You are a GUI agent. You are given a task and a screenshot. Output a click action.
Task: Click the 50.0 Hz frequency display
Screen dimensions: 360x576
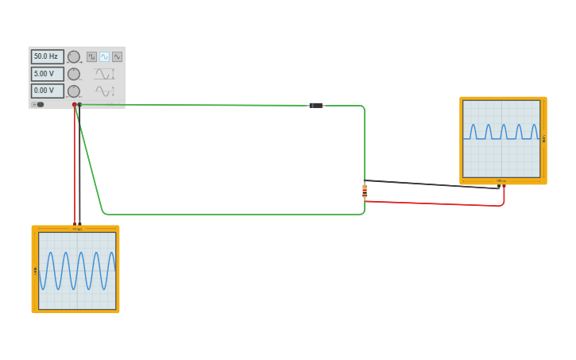pyautogui.click(x=47, y=56)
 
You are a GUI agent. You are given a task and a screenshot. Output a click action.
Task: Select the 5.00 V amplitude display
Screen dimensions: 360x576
pyautogui.click(x=47, y=74)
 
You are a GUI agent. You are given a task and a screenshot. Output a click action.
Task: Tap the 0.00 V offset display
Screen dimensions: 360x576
pyautogui.click(x=47, y=91)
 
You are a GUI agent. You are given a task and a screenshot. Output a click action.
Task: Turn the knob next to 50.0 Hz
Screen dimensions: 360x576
pyautogui.click(x=74, y=56)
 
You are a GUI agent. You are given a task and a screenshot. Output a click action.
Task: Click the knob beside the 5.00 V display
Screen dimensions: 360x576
pyautogui.click(x=74, y=74)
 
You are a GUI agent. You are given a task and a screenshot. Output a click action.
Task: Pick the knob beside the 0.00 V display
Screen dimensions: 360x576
pyautogui.click(x=74, y=91)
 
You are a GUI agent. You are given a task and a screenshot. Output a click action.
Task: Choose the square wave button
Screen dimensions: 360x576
pyautogui.click(x=91, y=56)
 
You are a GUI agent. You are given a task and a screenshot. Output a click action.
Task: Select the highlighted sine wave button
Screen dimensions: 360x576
pyautogui.click(x=104, y=56)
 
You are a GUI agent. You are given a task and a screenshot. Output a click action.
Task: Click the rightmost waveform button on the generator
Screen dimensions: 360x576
pyautogui.click(x=117, y=56)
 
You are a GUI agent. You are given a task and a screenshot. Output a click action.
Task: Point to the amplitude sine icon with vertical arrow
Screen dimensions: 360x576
pyautogui.click(x=104, y=74)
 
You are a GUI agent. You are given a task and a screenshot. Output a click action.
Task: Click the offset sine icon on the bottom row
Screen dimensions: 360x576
pyautogui.click(x=104, y=91)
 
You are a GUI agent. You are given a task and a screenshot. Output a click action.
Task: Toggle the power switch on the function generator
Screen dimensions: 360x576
pyautogui.click(x=38, y=104)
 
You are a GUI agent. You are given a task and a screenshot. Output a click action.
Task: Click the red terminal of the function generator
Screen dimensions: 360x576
pyautogui.click(x=75, y=104)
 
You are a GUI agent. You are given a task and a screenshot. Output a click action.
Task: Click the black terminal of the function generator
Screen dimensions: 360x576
pyautogui.click(x=79, y=104)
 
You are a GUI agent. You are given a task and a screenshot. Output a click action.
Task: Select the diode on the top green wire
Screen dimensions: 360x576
pyautogui.click(x=315, y=105)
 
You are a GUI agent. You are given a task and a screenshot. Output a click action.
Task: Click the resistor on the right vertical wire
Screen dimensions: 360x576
pyautogui.click(x=365, y=191)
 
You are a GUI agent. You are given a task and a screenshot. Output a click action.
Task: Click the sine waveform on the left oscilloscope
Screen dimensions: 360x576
pyautogui.click(x=77, y=270)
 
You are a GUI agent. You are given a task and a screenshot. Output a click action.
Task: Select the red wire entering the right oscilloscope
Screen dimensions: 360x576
pyautogui.click(x=445, y=203)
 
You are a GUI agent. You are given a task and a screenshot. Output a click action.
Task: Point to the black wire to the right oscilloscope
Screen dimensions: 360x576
pyautogui.click(x=433, y=184)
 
